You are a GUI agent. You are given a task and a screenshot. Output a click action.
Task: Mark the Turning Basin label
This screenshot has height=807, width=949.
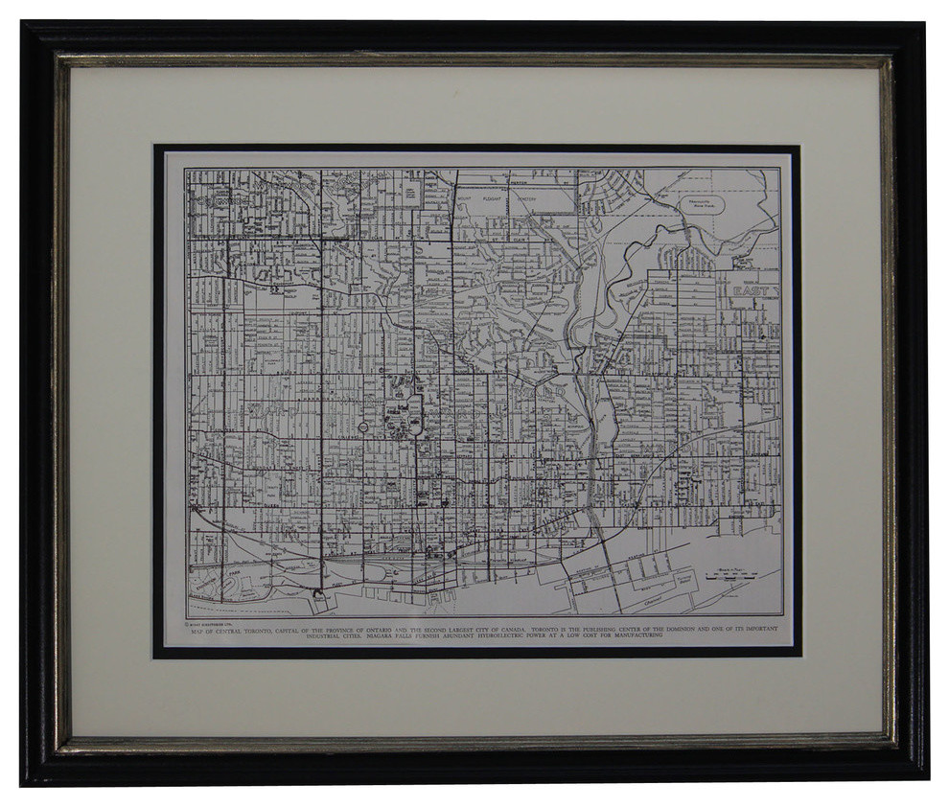pos(683,580)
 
